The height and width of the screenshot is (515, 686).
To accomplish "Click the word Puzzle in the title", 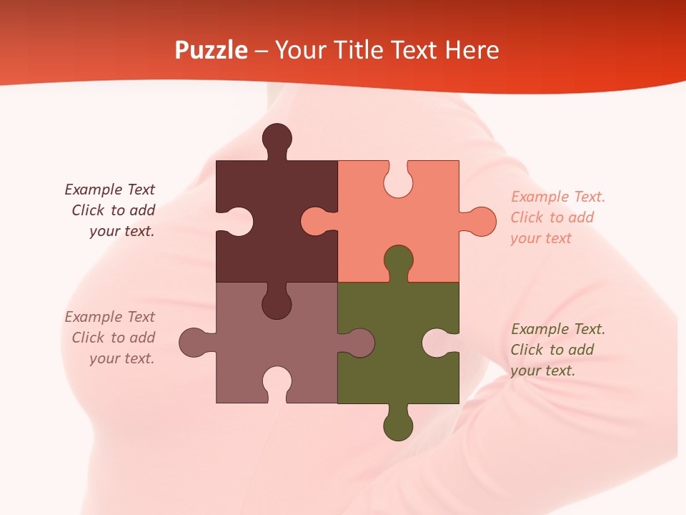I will pos(212,50).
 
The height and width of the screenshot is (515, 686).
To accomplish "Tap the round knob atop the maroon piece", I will pos(277,137).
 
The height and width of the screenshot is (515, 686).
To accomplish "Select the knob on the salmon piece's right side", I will pos(482,222).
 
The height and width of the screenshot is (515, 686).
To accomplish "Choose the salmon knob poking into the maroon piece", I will pos(314,222).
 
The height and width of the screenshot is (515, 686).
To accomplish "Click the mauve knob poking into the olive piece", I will pos(360,343).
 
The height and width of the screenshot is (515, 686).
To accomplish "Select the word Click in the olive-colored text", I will pos(527,350).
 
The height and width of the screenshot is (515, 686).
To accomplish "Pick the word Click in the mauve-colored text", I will pos(88,338).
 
